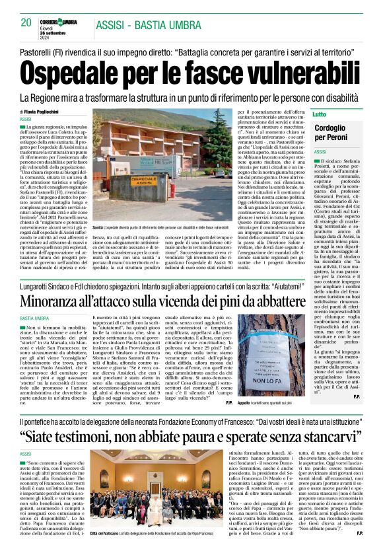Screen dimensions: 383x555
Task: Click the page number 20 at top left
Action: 26,22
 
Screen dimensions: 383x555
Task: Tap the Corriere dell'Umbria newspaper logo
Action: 60,22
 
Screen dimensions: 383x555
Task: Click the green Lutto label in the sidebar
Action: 320,114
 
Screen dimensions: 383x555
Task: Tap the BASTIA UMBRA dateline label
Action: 37,300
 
